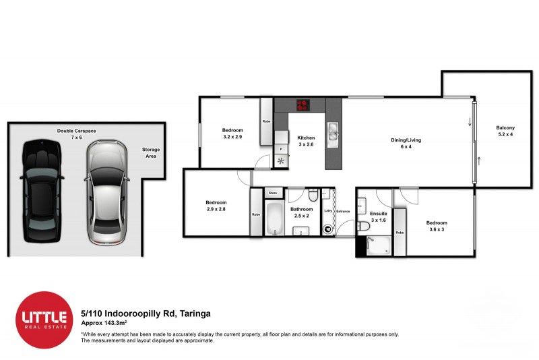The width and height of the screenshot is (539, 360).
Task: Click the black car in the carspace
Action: (42, 191)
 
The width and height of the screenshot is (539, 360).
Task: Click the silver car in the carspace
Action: (106, 193)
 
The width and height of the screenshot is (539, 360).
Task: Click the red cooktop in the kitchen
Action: (303, 104)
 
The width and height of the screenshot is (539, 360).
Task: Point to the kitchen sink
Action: (333, 133)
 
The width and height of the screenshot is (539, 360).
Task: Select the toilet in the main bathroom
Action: (313, 196)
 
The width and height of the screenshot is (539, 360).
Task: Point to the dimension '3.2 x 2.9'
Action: (232, 137)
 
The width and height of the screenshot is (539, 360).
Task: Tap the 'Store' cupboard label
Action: (273, 193)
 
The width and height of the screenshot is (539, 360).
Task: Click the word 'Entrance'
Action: (344, 212)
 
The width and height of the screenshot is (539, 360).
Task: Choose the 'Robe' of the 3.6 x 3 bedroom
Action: (400, 233)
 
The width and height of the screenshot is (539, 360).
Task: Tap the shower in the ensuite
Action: (379, 246)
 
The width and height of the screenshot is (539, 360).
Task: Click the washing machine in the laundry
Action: (328, 229)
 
